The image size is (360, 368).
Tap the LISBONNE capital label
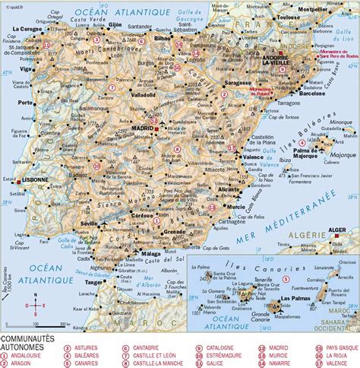[34, 180]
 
